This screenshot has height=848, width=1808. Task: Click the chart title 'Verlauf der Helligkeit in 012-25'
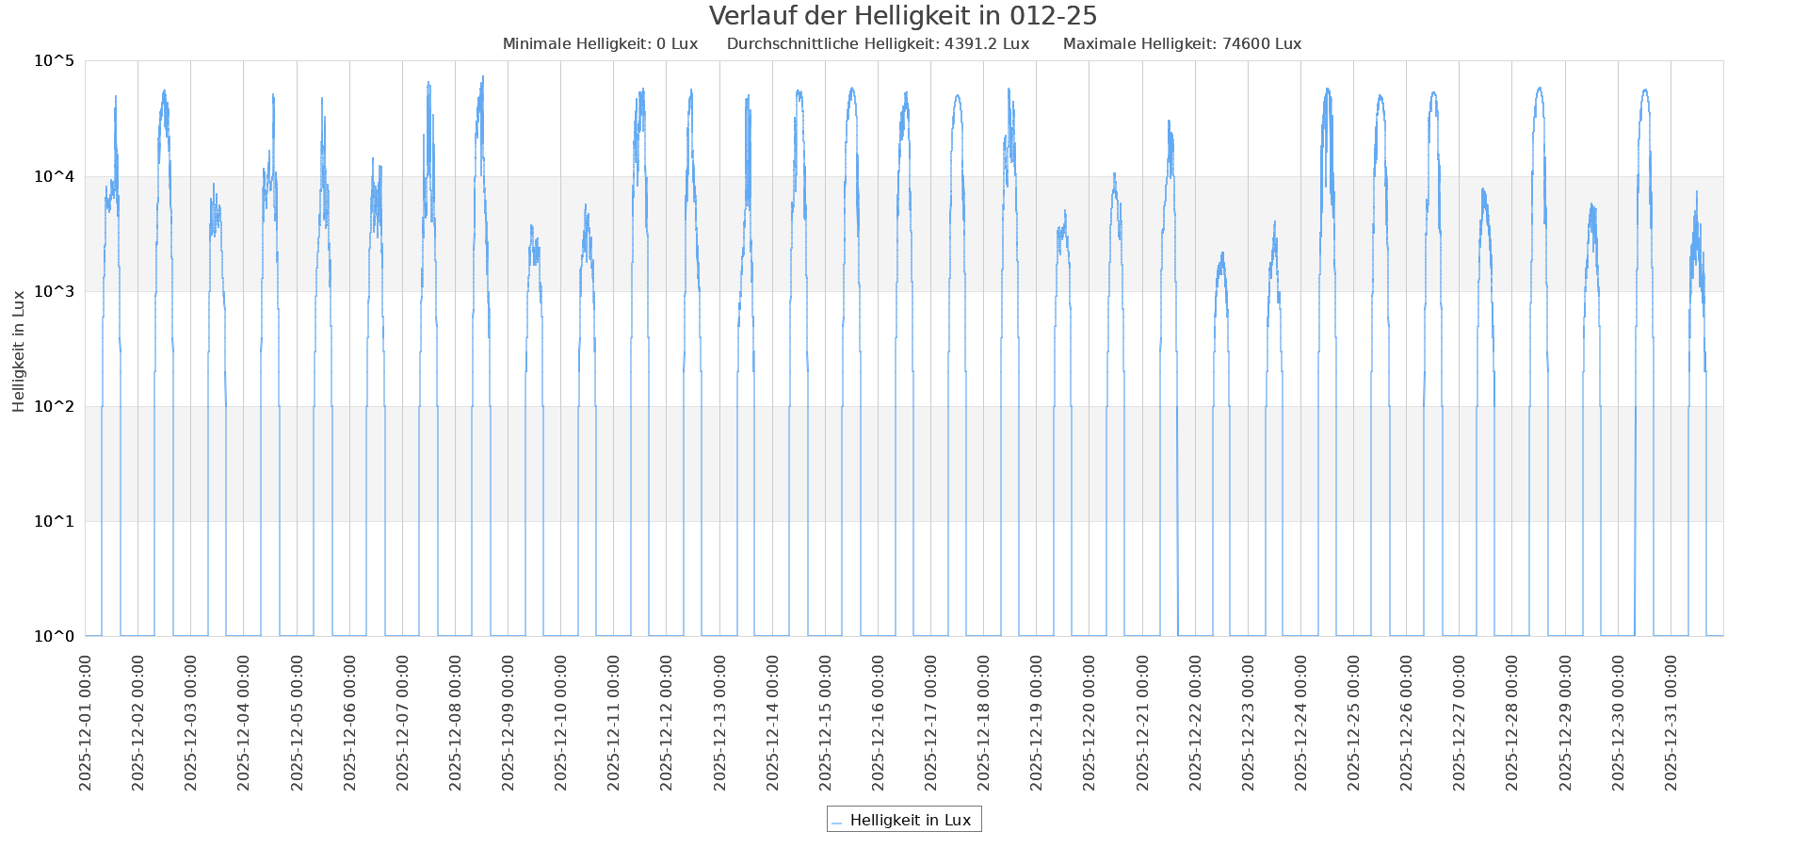tap(902, 16)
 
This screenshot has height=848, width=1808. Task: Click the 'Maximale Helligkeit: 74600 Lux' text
tap(1182, 44)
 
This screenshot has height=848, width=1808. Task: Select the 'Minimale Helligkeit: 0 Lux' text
tap(600, 44)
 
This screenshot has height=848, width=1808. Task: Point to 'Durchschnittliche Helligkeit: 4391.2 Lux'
tap(878, 44)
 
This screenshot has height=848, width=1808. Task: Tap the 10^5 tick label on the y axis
tap(54, 61)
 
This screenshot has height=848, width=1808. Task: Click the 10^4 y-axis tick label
tap(54, 176)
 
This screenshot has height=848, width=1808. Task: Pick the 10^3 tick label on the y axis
tap(54, 291)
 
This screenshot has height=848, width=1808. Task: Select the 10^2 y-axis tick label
tap(54, 406)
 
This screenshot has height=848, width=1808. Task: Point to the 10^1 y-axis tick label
tap(54, 521)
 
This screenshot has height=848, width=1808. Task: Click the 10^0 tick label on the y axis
tap(54, 636)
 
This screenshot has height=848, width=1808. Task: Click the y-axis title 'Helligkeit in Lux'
tap(19, 351)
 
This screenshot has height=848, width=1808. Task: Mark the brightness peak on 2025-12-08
tap(483, 77)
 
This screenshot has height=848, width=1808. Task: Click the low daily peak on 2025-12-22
tap(1222, 253)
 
